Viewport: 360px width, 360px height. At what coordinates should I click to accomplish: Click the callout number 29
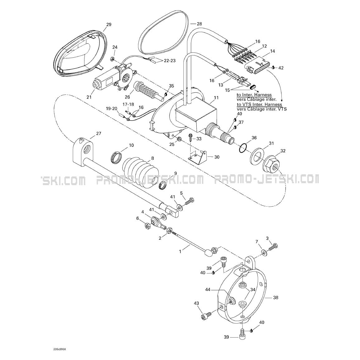coord(109,24)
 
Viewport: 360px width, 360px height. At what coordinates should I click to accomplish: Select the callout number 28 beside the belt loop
coord(199,24)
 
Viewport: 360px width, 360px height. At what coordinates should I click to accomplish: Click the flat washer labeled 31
coord(256,156)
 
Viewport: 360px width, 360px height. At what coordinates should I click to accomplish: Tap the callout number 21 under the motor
coord(89,97)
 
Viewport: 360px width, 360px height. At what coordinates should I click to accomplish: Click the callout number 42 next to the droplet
coord(281,68)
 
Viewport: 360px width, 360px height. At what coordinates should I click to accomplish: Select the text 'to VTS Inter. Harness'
coord(259,104)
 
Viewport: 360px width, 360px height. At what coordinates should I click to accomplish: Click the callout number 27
coord(98,133)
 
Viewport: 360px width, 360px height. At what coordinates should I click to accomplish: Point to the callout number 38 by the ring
coord(276,298)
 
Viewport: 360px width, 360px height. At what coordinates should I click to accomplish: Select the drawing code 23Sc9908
coord(60,350)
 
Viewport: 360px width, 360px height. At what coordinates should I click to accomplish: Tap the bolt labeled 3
coord(272,247)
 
